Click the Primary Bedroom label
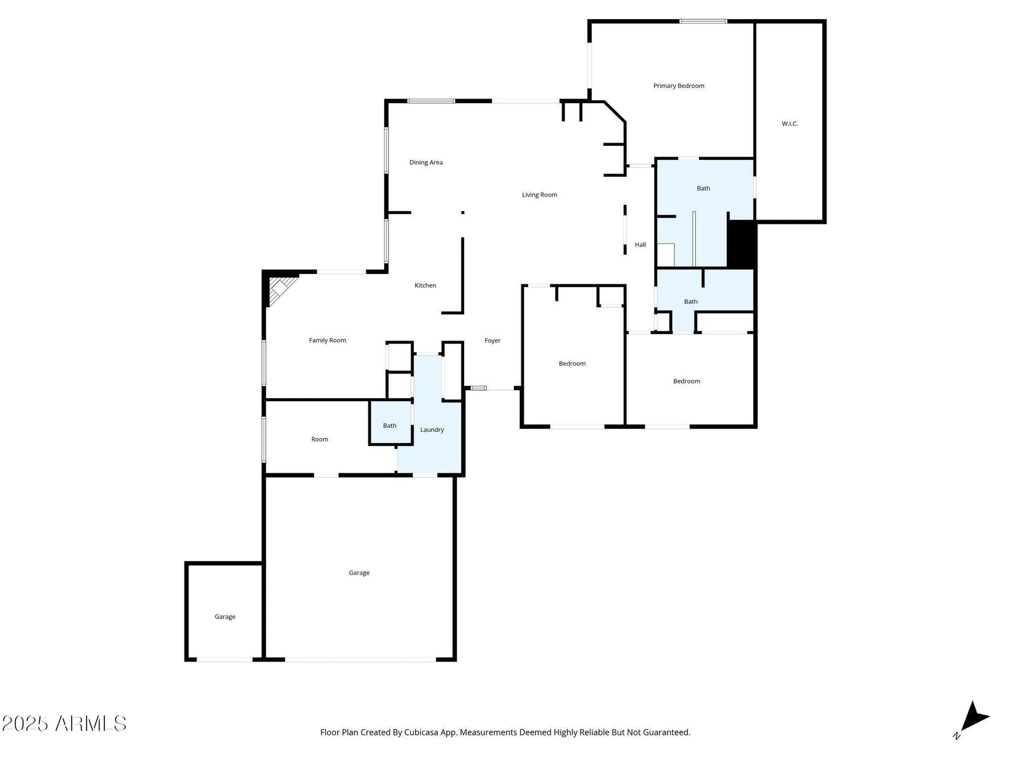678,86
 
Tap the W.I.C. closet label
790,124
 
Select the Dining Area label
426,162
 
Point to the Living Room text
539,195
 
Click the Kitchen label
425,286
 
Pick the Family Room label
328,340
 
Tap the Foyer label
492,341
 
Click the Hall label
640,245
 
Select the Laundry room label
432,430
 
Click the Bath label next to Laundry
389,425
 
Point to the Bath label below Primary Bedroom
703,188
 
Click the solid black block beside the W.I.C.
742,245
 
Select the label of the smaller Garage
225,617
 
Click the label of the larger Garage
359,573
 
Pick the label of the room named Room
319,439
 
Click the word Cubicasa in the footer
421,732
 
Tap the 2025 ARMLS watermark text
64,724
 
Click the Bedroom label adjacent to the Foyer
572,363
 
